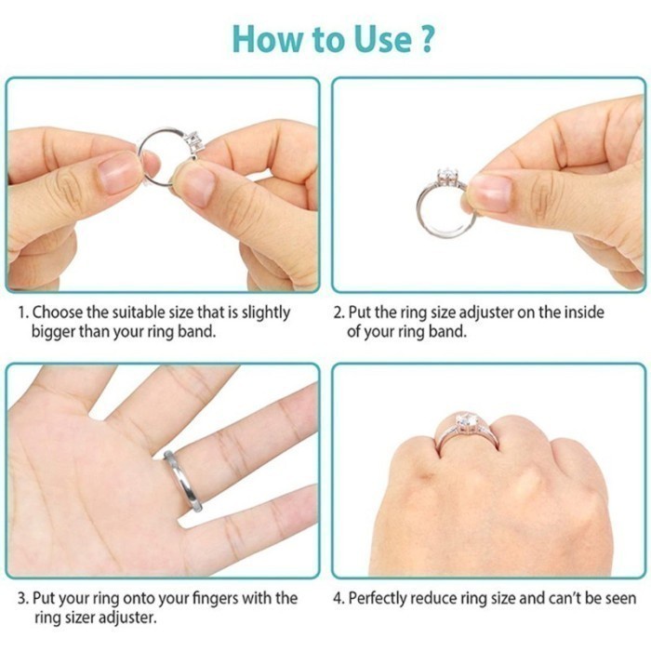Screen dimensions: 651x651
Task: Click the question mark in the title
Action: pyautogui.click(x=426, y=39)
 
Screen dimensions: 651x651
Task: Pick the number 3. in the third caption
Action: pyautogui.click(x=23, y=597)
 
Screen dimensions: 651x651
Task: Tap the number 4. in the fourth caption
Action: pyautogui.click(x=339, y=597)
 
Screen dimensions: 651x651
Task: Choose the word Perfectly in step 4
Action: pyautogui.click(x=381, y=597)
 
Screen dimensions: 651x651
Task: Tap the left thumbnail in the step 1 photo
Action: pyautogui.click(x=118, y=172)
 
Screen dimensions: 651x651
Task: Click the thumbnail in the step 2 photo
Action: pyautogui.click(x=490, y=193)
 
